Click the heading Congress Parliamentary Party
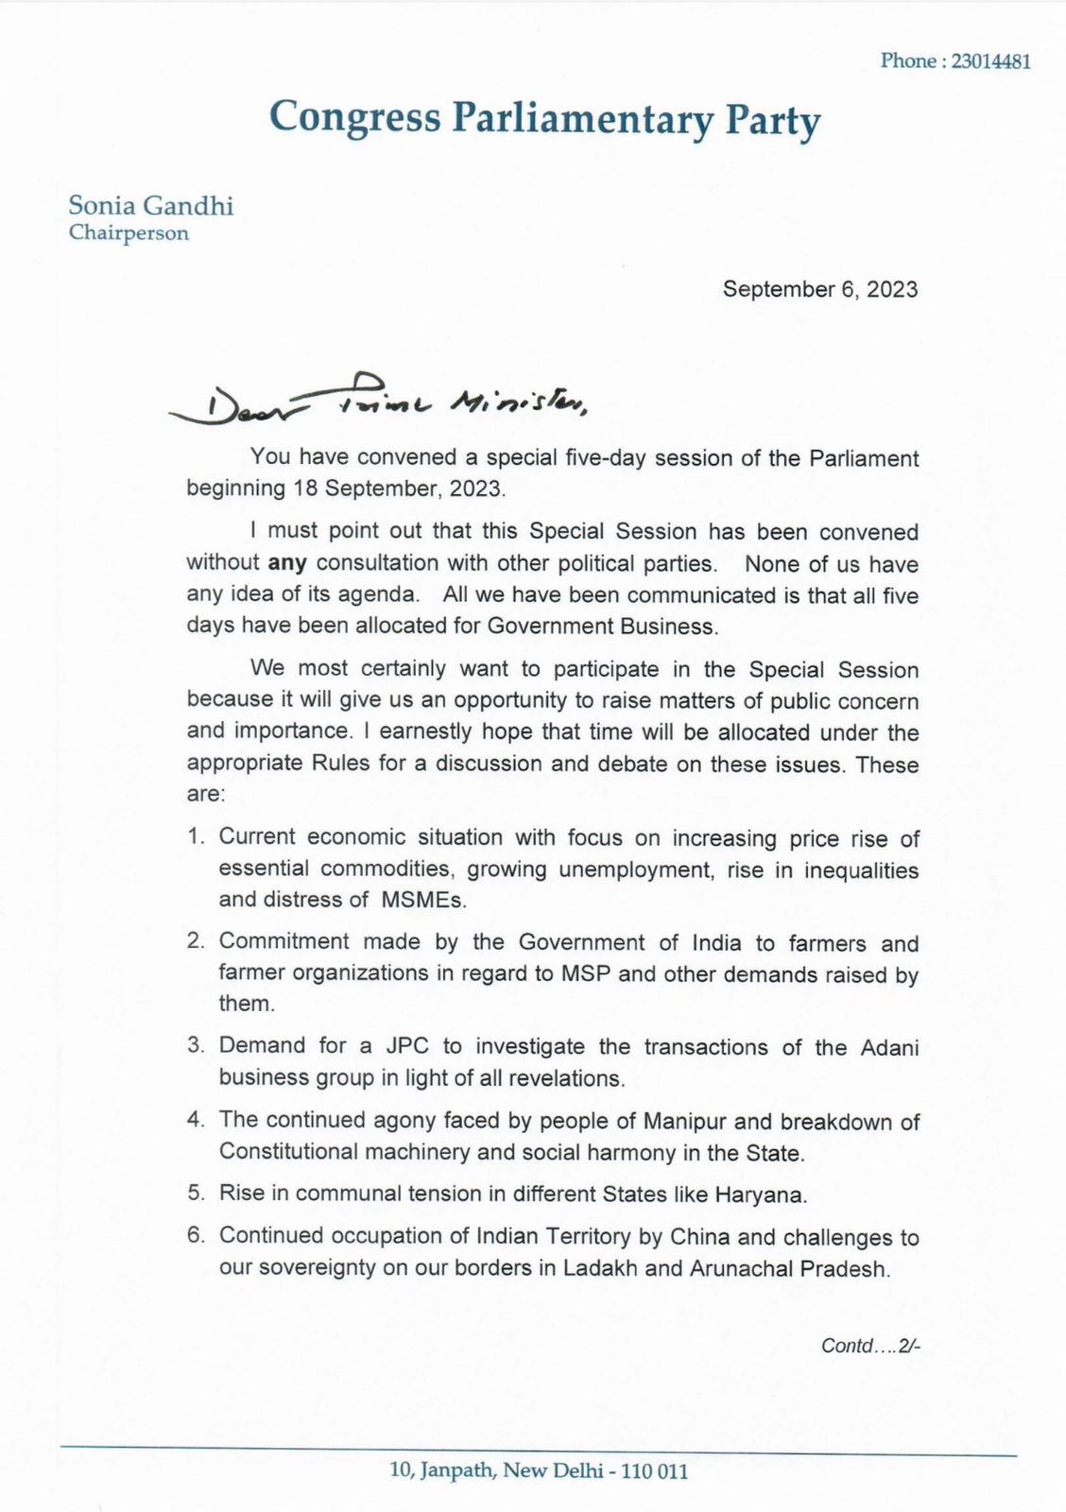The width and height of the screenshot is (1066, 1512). (x=544, y=119)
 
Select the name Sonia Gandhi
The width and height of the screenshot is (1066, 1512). (x=151, y=205)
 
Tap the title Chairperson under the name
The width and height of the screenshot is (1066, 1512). (x=129, y=232)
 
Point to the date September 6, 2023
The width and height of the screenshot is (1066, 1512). (x=820, y=289)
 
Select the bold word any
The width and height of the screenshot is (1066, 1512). (x=287, y=563)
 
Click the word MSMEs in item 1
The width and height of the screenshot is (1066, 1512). (x=423, y=900)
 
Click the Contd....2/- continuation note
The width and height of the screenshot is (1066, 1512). (x=870, y=1346)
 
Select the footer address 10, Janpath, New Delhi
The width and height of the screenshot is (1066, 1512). (x=539, y=1471)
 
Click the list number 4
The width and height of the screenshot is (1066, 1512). (x=197, y=1121)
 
